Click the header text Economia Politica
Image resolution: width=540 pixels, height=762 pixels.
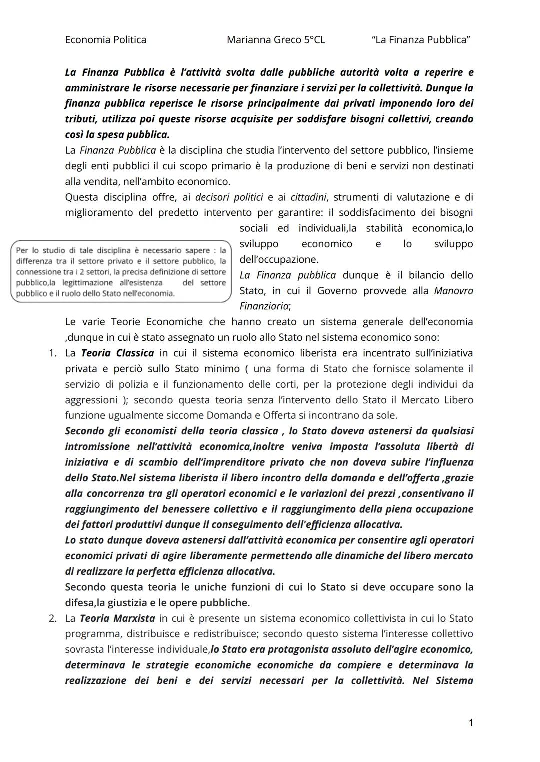(105, 40)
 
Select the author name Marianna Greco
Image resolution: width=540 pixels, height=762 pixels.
(264, 40)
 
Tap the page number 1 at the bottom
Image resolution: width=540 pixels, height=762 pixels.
(470, 723)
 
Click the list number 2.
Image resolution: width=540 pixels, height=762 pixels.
(53, 618)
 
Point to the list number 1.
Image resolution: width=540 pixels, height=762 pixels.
(53, 353)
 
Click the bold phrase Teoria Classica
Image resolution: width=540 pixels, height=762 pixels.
(117, 353)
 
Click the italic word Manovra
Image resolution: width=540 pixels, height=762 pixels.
(453, 291)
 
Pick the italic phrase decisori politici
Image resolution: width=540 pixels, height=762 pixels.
(229, 197)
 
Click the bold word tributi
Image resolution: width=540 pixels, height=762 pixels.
(81, 119)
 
